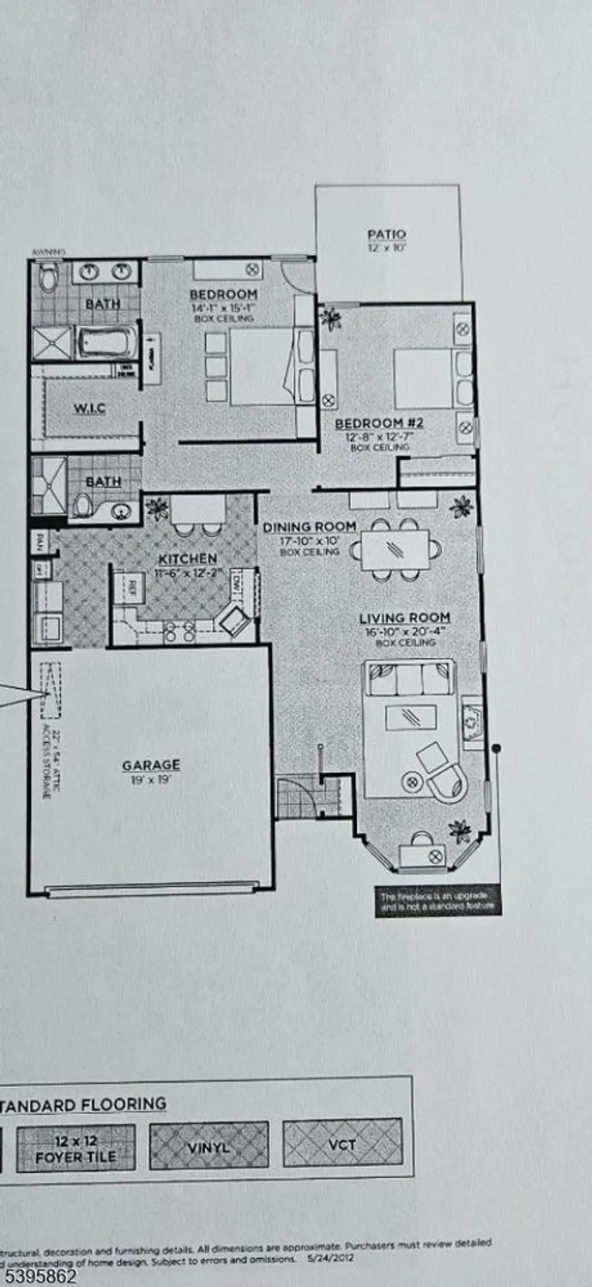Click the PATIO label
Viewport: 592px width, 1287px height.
pos(386,234)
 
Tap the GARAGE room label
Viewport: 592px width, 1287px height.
pos(151,764)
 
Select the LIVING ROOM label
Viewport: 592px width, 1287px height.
pos(404,618)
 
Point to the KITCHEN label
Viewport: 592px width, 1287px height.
pos(186,559)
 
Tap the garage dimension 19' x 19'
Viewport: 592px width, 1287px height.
pos(151,780)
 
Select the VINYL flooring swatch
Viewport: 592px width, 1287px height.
pos(208,1145)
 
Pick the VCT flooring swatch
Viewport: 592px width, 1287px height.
pos(342,1144)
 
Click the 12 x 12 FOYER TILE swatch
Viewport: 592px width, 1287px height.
pos(76,1148)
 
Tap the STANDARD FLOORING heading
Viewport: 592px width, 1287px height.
pos(82,1104)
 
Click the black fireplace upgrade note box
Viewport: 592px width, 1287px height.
pos(438,902)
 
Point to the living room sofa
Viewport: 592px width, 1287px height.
pos(408,677)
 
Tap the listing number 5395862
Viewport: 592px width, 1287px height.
pos(39,1276)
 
